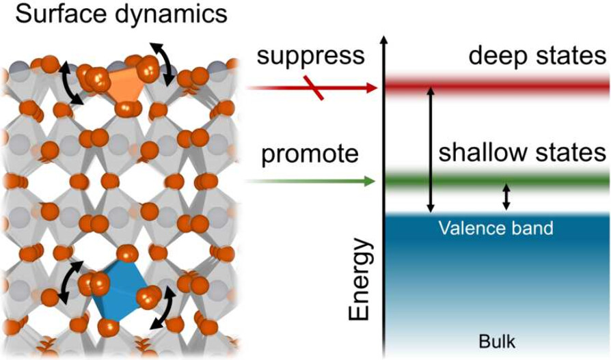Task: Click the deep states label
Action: (x=539, y=57)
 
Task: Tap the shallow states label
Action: (x=523, y=153)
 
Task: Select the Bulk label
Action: (x=497, y=341)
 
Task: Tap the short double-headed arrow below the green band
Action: (x=506, y=197)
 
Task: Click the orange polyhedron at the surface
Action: (x=125, y=85)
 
